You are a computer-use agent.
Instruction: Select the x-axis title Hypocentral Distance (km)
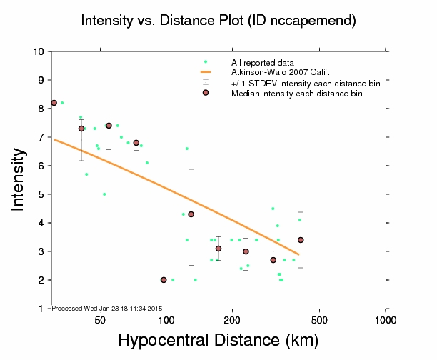click(x=218, y=341)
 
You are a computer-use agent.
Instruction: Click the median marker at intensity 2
click(x=164, y=280)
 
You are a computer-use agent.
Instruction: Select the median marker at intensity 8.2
click(x=54, y=103)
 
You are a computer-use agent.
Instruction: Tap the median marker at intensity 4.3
click(x=191, y=214)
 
